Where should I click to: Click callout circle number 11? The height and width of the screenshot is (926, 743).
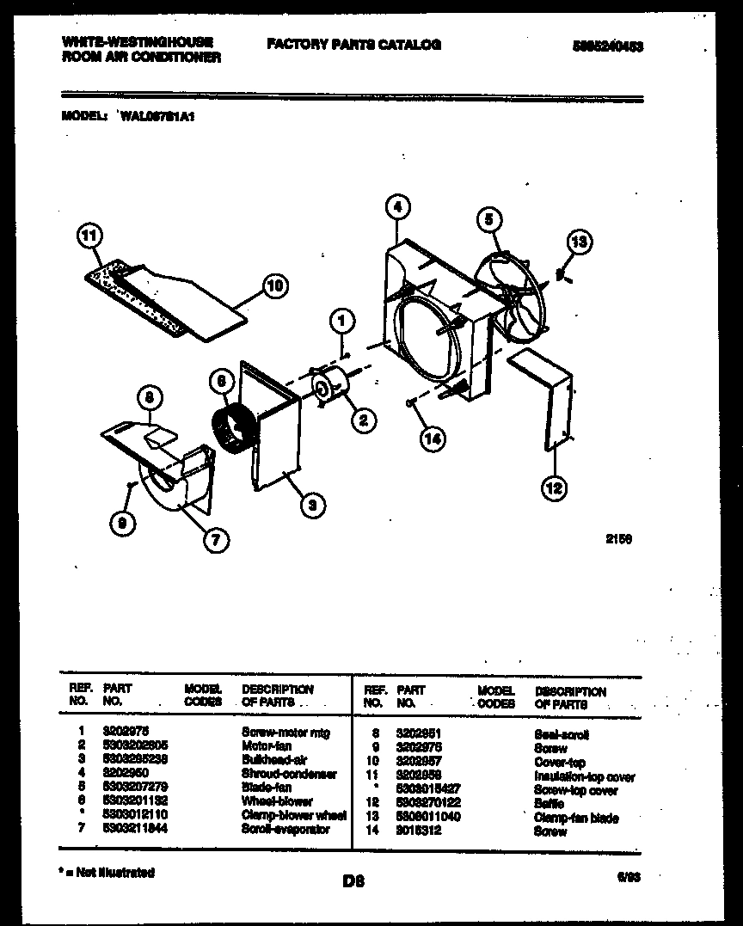pyautogui.click(x=89, y=236)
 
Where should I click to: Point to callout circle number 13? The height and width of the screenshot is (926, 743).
pyautogui.click(x=580, y=242)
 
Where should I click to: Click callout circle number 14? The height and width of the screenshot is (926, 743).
pyautogui.click(x=433, y=438)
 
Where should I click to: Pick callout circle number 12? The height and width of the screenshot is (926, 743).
pyautogui.click(x=554, y=488)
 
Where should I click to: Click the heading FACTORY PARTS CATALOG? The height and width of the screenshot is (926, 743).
pyautogui.click(x=353, y=44)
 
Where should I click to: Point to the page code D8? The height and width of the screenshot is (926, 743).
pyautogui.click(x=353, y=880)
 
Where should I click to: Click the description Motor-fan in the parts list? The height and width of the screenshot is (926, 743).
pyautogui.click(x=267, y=746)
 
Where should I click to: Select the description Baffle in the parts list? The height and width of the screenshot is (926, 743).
pyautogui.click(x=549, y=803)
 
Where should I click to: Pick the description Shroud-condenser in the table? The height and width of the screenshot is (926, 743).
pyautogui.click(x=289, y=774)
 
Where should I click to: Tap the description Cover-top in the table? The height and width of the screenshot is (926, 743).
pyautogui.click(x=560, y=763)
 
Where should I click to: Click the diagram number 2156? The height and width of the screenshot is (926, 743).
pyautogui.click(x=619, y=540)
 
